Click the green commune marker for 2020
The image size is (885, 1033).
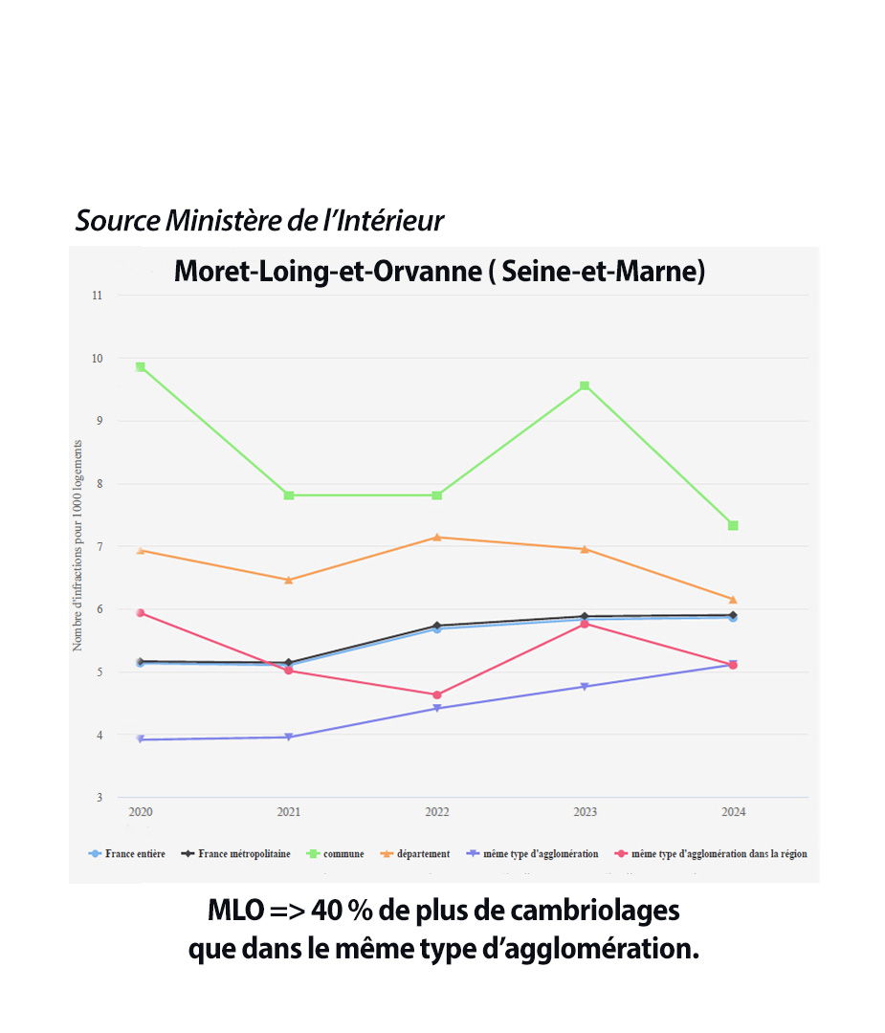click(x=141, y=367)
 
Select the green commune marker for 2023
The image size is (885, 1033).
click(x=584, y=386)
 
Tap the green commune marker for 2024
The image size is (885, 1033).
click(x=733, y=525)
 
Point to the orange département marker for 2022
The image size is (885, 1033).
click(x=437, y=537)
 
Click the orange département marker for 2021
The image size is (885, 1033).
click(x=289, y=580)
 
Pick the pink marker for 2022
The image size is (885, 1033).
click(x=437, y=695)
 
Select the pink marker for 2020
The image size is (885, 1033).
click(x=141, y=612)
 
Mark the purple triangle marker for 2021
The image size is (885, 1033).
click(x=289, y=737)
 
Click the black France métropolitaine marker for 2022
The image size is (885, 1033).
click(x=437, y=626)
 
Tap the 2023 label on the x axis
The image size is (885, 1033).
click(x=585, y=812)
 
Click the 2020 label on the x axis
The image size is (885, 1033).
click(x=141, y=812)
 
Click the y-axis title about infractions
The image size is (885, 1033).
click(x=77, y=546)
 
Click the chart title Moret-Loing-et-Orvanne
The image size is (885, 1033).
click(x=439, y=272)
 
